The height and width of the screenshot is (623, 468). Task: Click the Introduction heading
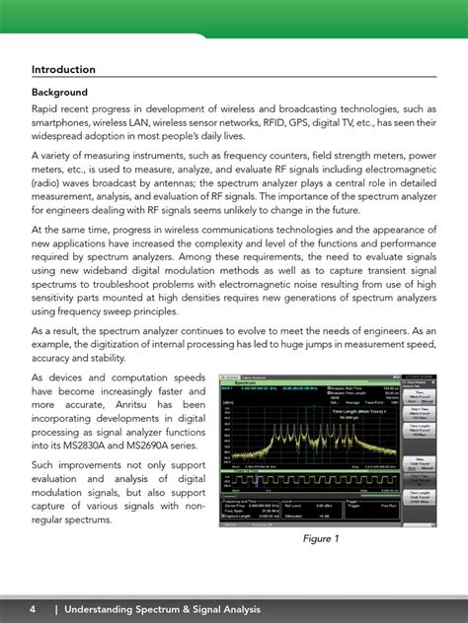tap(63, 70)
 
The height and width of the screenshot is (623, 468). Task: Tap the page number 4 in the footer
tap(33, 610)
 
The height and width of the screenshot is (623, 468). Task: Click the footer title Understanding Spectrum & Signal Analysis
tap(163, 610)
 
